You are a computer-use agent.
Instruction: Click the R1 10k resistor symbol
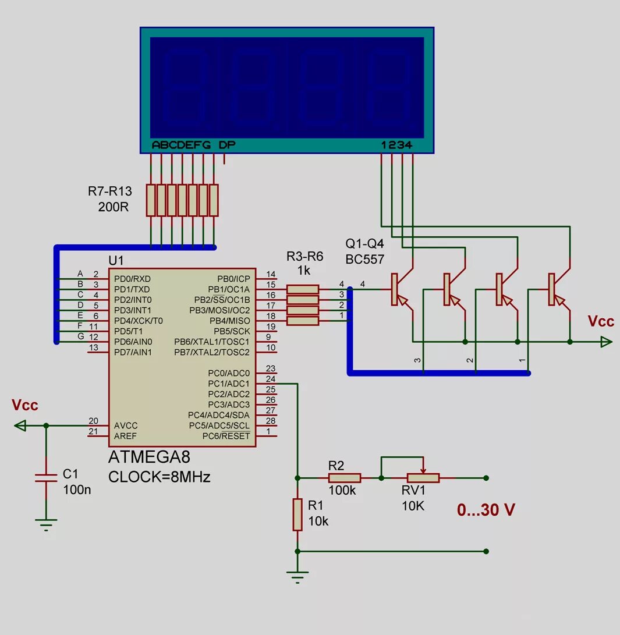click(x=297, y=514)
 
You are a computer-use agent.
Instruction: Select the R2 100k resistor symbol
click(x=345, y=478)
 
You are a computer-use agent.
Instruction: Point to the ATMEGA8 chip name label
click(x=149, y=456)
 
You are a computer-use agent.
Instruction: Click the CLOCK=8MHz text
click(x=160, y=477)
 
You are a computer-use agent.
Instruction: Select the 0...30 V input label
click(x=486, y=510)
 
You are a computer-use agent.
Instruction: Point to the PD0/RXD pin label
click(x=133, y=279)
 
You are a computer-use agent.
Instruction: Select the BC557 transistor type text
click(x=365, y=258)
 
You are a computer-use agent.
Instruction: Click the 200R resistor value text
click(x=113, y=207)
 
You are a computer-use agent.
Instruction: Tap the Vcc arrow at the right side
click(x=606, y=342)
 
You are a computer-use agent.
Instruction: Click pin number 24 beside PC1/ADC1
click(x=270, y=379)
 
